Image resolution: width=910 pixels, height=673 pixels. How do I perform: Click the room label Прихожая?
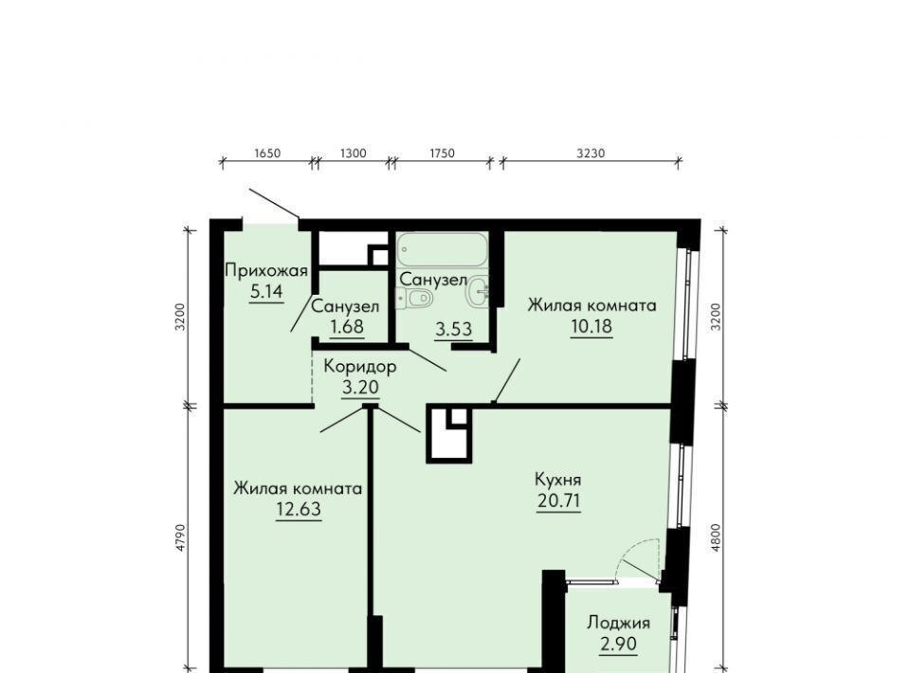(265, 271)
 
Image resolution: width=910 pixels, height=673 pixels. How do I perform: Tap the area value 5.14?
(266, 291)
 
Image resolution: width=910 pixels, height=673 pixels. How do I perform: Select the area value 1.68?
(347, 327)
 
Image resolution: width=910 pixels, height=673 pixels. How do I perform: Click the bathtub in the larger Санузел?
(442, 250)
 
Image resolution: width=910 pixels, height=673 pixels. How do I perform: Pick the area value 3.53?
(454, 330)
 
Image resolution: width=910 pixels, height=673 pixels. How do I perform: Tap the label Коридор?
(360, 367)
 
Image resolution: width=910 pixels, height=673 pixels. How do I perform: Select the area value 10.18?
(591, 326)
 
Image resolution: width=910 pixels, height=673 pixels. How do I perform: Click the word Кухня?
(557, 480)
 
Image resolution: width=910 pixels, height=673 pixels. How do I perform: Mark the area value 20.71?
(559, 500)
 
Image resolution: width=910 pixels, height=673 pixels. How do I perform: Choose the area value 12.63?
(299, 509)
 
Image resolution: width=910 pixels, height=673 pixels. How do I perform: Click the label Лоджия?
(619, 623)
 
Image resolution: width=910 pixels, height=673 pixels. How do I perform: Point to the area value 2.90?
(619, 644)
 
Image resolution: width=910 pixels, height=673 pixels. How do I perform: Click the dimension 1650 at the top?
(267, 154)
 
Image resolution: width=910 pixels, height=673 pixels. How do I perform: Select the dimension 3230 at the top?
(591, 154)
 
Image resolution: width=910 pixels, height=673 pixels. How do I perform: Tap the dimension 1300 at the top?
(353, 154)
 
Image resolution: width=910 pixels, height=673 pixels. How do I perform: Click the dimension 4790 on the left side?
(180, 537)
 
